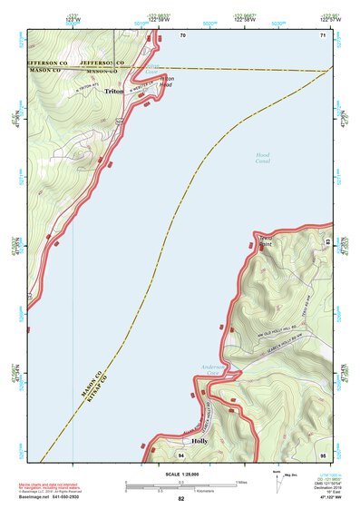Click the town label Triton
[114, 92]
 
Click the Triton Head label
[166, 82]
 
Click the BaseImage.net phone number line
[54, 497]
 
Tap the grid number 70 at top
[182, 35]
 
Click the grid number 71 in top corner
[322, 35]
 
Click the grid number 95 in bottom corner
[322, 453]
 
